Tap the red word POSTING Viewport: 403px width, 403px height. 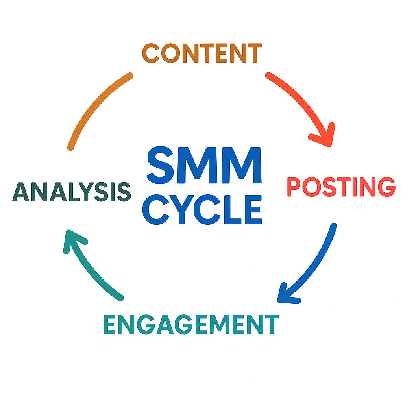click(340, 187)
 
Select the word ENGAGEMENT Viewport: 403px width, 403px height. click(190, 324)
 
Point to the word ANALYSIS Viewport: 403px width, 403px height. click(71, 192)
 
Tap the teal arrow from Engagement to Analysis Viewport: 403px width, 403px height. click(91, 268)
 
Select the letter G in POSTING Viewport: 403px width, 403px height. click(384, 187)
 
